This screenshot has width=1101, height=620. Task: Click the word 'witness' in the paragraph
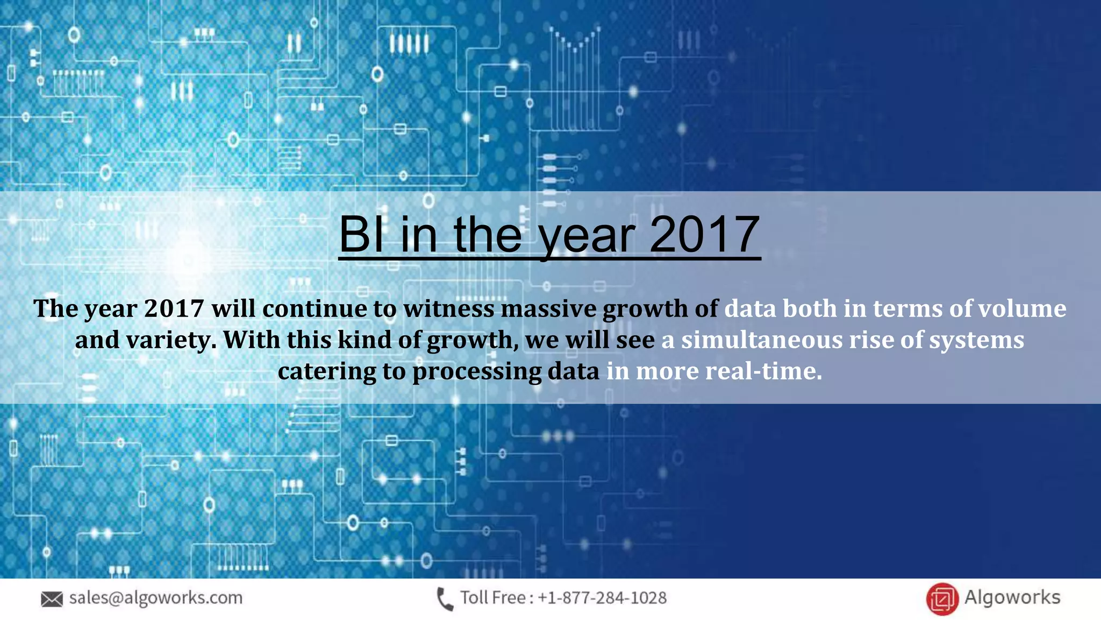449,309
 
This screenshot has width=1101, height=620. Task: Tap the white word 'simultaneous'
762,340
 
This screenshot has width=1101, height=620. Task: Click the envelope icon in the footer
52,598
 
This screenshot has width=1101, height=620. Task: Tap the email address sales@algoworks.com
156,598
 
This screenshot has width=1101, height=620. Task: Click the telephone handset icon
445,599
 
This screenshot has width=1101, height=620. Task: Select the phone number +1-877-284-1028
602,598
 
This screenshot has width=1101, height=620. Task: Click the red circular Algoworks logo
942,598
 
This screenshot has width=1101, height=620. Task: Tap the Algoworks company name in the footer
1012,597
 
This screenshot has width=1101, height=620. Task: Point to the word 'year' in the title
587,237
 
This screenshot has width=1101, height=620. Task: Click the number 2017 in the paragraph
174,309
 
